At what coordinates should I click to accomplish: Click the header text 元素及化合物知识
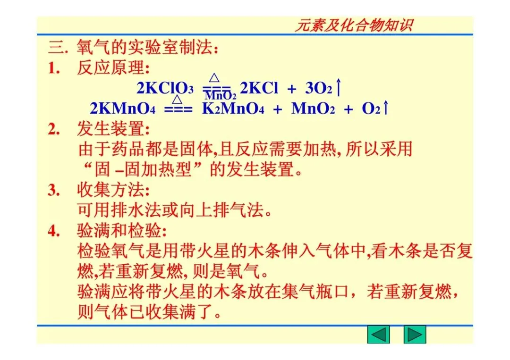(353, 25)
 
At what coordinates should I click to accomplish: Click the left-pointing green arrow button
(379, 335)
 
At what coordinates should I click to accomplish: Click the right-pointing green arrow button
(415, 335)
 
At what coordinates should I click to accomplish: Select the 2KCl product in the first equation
(259, 88)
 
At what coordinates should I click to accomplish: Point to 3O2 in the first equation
(319, 88)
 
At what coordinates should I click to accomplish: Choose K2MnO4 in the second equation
(233, 109)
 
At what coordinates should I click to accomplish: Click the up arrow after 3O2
(339, 88)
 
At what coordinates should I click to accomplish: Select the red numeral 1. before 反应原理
(54, 68)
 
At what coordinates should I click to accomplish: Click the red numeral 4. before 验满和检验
(54, 231)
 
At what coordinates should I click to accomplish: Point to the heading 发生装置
(113, 129)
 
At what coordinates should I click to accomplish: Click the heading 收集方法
(113, 190)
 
